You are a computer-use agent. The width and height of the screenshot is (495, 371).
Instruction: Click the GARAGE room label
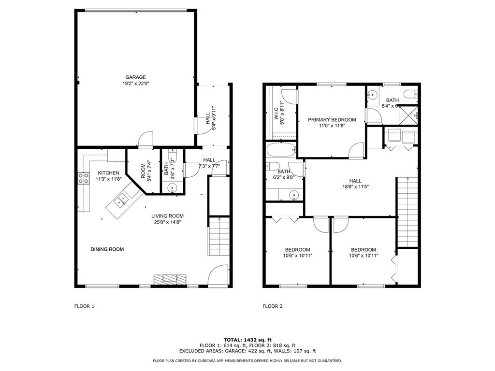click(135, 77)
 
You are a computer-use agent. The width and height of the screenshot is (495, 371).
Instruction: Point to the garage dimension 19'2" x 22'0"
click(135, 84)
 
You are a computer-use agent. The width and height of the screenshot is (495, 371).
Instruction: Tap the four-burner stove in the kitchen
click(83, 178)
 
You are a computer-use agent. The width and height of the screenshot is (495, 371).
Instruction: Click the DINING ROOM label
click(107, 249)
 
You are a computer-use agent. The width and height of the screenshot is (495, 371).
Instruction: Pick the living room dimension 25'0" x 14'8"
click(167, 223)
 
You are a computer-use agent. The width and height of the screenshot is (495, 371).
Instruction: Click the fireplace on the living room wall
click(170, 280)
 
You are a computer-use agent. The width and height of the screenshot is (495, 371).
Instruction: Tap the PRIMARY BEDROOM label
click(332, 120)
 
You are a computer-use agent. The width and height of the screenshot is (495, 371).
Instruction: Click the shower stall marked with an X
click(408, 114)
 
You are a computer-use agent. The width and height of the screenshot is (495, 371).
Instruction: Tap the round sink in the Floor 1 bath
click(173, 188)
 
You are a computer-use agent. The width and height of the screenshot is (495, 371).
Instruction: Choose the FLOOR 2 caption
click(273, 306)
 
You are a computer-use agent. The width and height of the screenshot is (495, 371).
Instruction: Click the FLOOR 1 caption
click(84, 306)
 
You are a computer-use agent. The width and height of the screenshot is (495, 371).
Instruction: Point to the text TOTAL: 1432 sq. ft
click(247, 340)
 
